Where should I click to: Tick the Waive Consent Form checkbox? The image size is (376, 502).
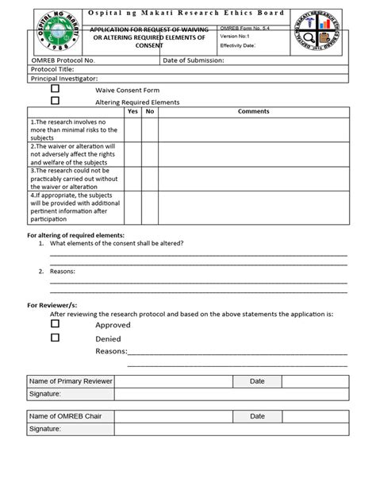56,90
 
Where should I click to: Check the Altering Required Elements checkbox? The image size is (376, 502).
56,101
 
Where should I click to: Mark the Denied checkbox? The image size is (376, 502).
56,338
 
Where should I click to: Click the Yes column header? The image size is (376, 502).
132,112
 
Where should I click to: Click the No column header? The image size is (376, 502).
149,112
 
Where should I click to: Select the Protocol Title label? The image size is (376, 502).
54,70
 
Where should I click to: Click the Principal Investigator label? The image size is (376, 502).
64,79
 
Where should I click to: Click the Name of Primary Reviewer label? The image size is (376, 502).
71,382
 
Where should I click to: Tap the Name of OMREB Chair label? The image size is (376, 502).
66,416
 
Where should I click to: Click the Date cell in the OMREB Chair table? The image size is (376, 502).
258,416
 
